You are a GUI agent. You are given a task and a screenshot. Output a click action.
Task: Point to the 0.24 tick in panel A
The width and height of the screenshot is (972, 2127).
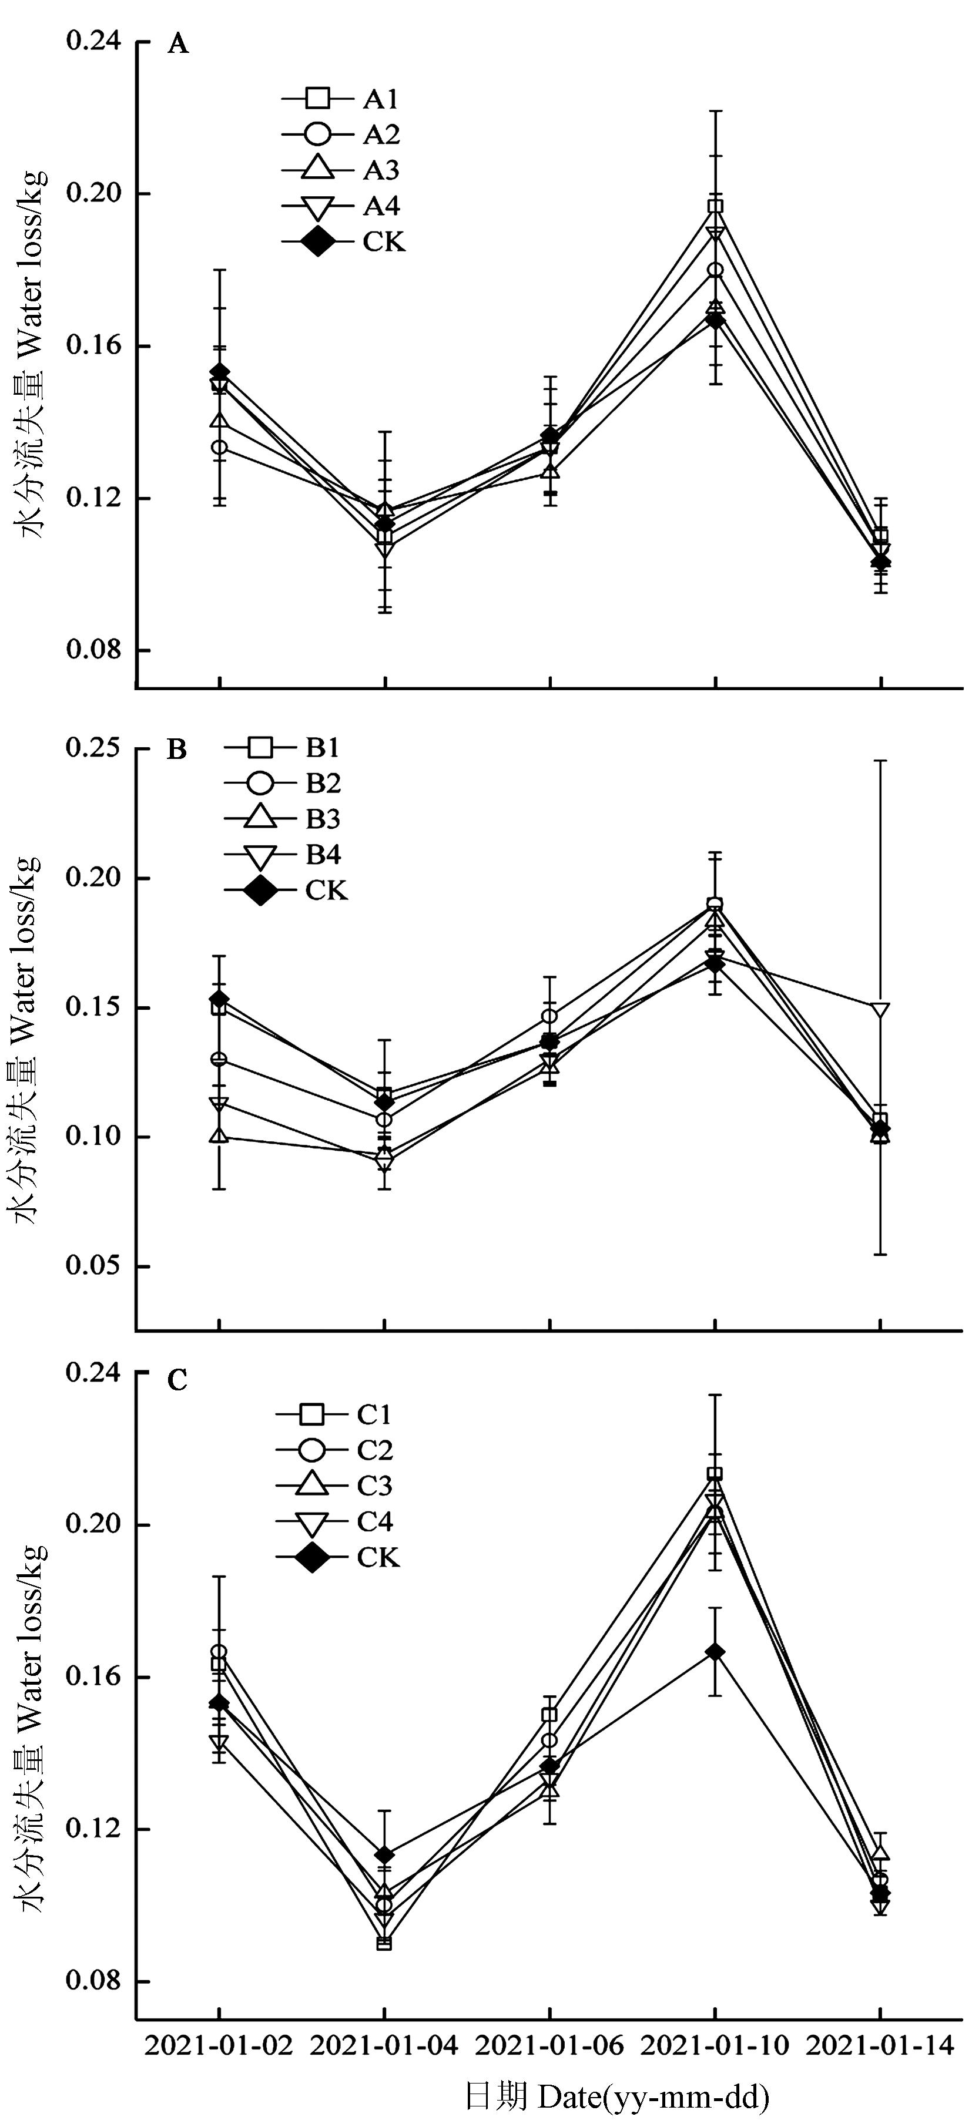tap(93, 41)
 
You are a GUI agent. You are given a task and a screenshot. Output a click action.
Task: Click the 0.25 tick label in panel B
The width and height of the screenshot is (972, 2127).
tap(93, 748)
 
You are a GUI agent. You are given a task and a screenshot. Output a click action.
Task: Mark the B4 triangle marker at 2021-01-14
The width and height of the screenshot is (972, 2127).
tap(880, 1010)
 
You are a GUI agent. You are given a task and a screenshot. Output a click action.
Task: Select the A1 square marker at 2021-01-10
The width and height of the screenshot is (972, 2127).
tap(715, 206)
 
